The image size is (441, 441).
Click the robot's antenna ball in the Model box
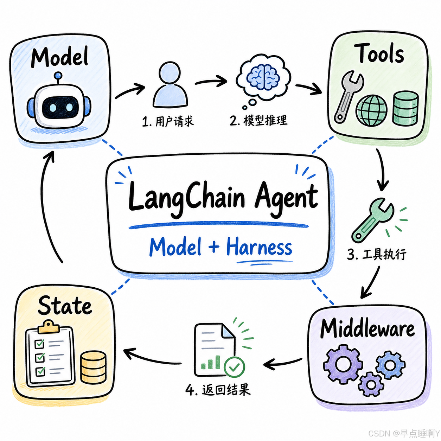(58, 76)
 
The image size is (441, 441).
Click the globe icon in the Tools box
(371, 110)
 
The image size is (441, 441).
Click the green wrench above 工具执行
(372, 220)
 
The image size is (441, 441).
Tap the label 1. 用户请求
(168, 121)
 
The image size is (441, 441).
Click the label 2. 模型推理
(258, 121)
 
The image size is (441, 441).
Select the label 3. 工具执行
(376, 254)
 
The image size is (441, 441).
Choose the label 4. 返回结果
(218, 390)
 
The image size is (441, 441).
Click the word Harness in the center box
(259, 247)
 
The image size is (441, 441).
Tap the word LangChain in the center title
(187, 198)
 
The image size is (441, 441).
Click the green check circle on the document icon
(234, 367)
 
